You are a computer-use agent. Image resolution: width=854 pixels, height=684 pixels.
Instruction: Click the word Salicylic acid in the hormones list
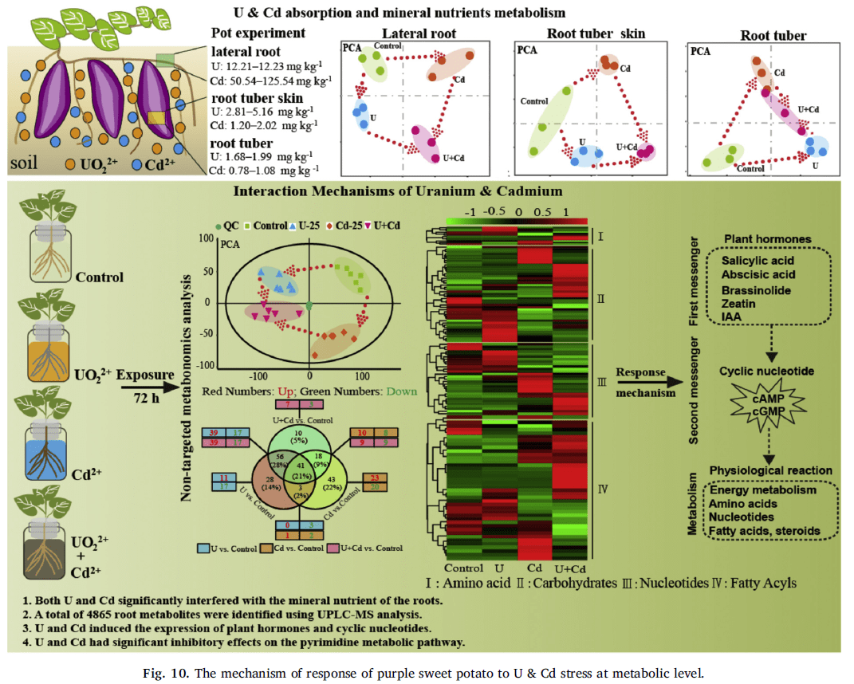coord(757,261)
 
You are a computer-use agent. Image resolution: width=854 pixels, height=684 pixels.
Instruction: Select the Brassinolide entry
coord(756,290)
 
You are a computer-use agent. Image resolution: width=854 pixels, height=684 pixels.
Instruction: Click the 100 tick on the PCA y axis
coord(211,238)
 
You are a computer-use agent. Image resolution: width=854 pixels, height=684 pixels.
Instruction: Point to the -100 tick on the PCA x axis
coord(258,373)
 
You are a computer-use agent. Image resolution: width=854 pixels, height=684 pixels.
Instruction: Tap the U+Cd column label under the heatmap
coord(569,568)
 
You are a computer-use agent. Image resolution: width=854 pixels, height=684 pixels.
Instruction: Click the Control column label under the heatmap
coord(464,568)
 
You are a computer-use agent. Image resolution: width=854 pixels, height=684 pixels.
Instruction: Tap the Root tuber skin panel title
coord(596,33)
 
